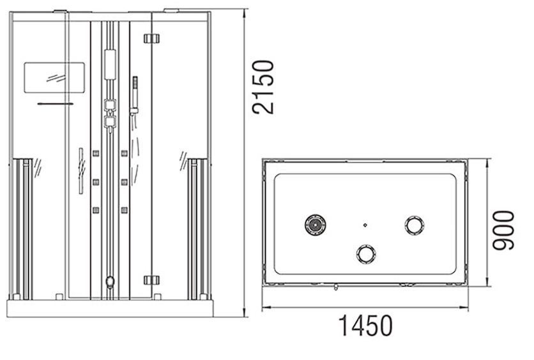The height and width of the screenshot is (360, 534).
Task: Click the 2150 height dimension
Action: click(x=263, y=87)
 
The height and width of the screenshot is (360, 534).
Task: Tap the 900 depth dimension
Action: click(x=504, y=230)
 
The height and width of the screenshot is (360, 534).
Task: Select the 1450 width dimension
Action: click(x=365, y=326)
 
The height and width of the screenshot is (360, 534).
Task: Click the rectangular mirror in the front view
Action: click(x=54, y=78)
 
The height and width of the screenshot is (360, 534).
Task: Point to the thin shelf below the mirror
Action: click(x=55, y=103)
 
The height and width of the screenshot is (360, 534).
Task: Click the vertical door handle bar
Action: click(x=80, y=171)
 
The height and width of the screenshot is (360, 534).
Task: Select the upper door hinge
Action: click(x=151, y=38)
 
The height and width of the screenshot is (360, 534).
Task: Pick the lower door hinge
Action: click(x=151, y=280)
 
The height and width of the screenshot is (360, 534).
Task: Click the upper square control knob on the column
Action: click(x=110, y=105)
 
